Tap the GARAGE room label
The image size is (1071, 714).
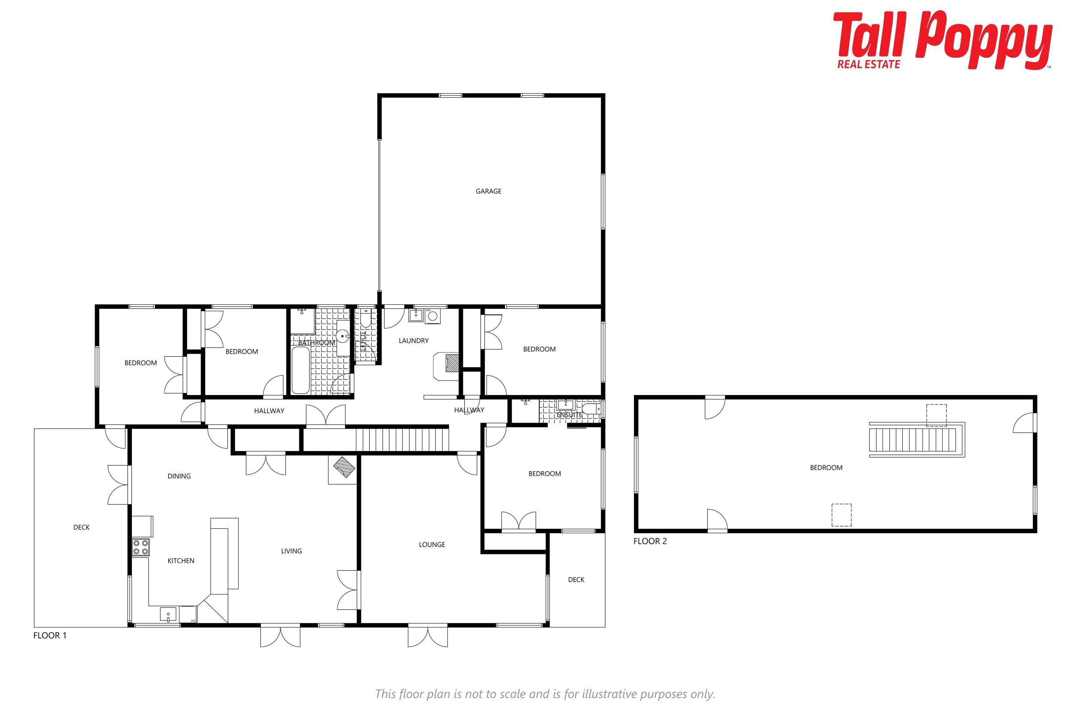(489, 191)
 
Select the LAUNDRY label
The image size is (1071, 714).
(413, 341)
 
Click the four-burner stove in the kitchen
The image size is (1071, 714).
(141, 547)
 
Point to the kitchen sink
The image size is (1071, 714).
(168, 615)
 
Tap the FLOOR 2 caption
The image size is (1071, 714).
(650, 541)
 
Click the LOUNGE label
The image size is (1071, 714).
(432, 545)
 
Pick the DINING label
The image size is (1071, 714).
(179, 476)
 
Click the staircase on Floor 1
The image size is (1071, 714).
(402, 439)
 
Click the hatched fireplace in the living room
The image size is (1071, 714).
(344, 467)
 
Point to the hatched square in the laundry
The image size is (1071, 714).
(452, 363)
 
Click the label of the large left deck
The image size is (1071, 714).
(81, 527)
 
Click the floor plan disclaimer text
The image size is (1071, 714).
(545, 694)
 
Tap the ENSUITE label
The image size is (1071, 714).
(569, 415)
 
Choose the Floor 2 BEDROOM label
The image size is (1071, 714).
(826, 468)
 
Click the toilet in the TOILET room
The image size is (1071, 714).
(365, 319)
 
